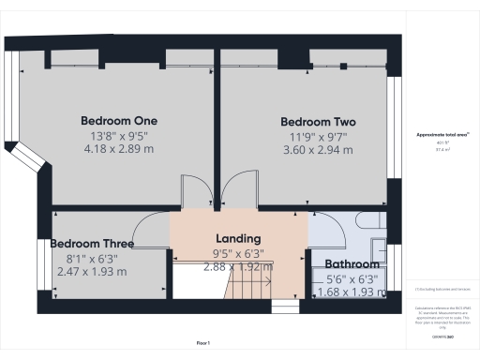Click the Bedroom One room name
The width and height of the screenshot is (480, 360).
[x=118, y=121]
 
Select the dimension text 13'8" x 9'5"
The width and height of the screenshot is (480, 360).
[x=118, y=136]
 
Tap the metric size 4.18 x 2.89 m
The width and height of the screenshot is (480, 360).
[x=118, y=149]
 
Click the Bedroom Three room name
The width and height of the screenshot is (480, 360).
[x=92, y=244]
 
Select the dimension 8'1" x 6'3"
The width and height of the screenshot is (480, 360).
[x=92, y=259]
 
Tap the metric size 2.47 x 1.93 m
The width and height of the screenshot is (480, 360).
[x=92, y=272]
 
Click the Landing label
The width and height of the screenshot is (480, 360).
[x=238, y=239]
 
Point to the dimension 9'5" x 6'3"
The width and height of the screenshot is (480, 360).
[x=238, y=253]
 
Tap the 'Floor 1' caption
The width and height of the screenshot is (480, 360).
[x=203, y=344]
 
